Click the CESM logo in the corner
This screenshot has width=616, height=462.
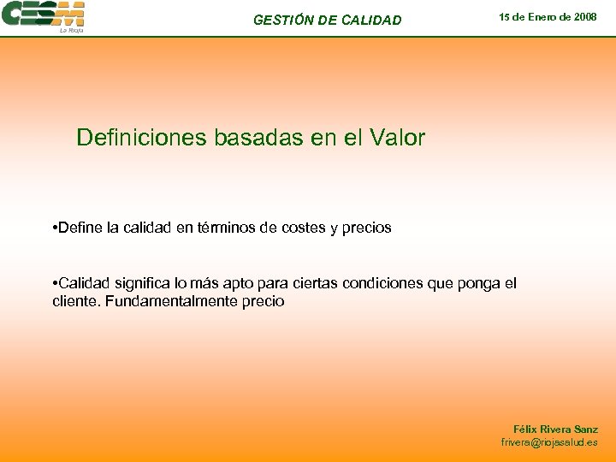[x=43, y=15]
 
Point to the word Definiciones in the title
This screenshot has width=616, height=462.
[x=137, y=138]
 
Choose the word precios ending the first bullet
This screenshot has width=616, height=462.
[x=365, y=228]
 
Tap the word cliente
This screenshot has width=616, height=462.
[x=75, y=301]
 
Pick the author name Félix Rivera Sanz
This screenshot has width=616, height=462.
[x=555, y=429]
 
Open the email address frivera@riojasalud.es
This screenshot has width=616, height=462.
[x=549, y=442]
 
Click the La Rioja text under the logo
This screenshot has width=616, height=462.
[x=70, y=30]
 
